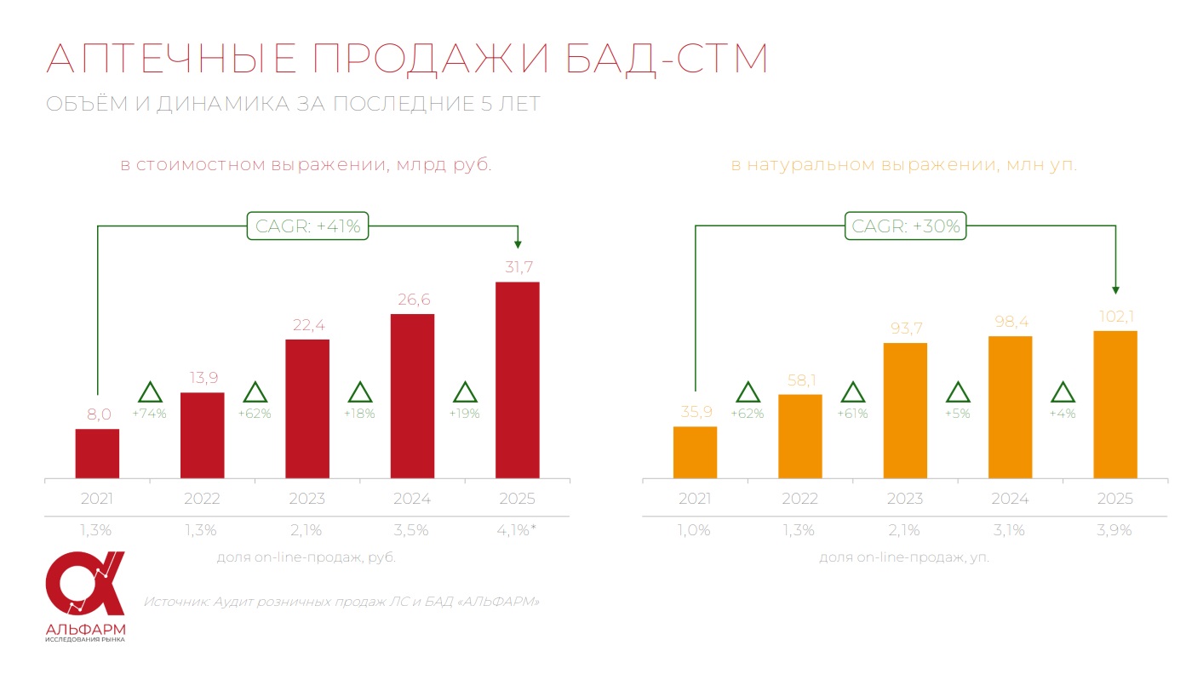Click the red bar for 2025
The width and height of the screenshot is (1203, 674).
517,380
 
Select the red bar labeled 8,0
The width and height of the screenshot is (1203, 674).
97,454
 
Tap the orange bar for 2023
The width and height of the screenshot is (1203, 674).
905,410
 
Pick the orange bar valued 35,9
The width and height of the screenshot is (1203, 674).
695,452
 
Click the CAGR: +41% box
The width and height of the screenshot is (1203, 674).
308,226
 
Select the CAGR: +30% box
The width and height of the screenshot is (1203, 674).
906,226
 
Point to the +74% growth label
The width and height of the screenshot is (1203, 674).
149,414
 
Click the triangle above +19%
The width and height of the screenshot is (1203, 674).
465,392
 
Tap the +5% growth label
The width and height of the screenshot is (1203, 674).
958,414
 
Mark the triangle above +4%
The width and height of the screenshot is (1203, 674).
1063,392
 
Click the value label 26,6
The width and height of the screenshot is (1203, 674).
412,300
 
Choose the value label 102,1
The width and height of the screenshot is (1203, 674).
1114,317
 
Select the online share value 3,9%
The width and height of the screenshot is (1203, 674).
1114,530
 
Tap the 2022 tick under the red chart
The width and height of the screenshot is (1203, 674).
202,499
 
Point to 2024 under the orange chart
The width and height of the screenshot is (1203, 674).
1010,499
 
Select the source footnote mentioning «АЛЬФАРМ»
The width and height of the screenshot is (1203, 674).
342,602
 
